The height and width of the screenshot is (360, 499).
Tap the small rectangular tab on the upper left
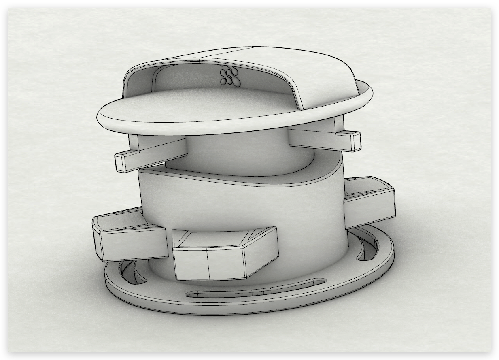[126, 161]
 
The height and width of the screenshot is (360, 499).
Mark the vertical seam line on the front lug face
[208, 264]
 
